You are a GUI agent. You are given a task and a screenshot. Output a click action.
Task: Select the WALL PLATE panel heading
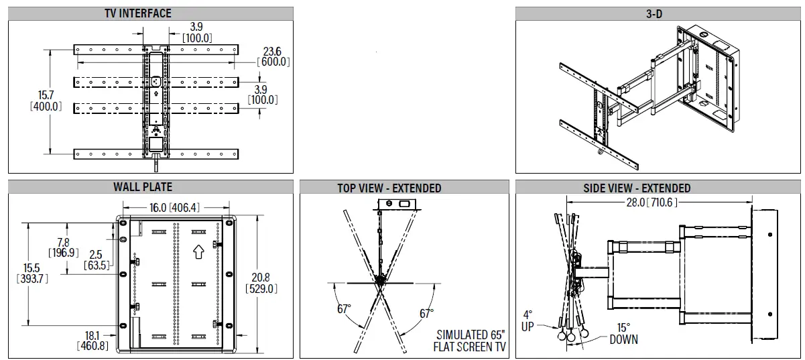pos(142,187)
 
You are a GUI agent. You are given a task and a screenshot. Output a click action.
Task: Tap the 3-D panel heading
pos(654,13)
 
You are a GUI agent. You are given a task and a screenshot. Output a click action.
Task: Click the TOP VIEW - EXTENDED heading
pos(389,188)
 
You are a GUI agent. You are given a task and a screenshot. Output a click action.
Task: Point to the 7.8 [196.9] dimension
pos(63,247)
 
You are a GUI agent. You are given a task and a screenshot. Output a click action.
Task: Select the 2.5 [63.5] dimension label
pos(95,260)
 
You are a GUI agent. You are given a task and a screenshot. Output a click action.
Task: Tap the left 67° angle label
pos(345,310)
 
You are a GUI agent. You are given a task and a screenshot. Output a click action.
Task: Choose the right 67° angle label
pos(426,313)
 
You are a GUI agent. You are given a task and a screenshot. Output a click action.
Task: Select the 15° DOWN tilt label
pos(623,334)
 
